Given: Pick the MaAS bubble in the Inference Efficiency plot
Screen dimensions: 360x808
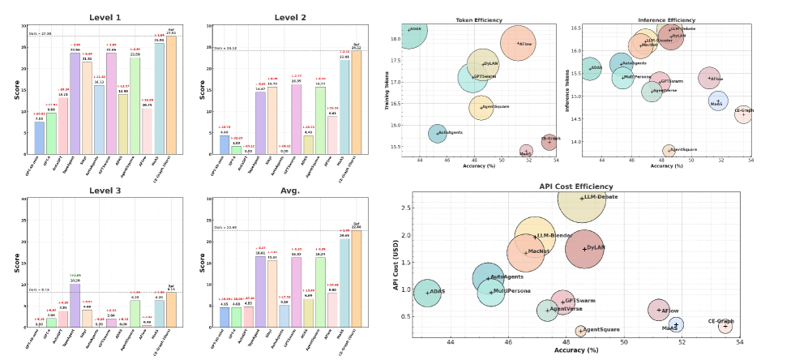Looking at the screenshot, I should (x=718, y=101).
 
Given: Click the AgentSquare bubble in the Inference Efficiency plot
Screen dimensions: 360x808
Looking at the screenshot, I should (x=669, y=150).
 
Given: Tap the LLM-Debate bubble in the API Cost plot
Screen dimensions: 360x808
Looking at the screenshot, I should (x=581, y=198).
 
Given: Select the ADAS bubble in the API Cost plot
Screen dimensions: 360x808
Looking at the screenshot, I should (x=427, y=293).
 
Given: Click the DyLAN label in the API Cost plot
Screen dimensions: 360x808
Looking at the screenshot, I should (x=596, y=247).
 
